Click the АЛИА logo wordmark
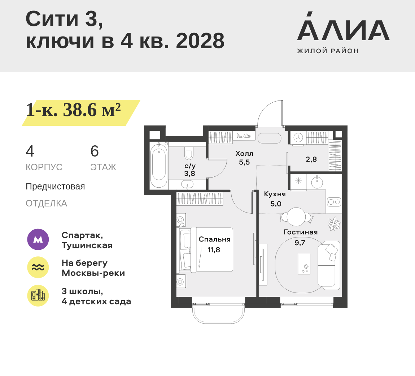[343, 30]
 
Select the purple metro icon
[38, 239]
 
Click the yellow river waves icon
[38, 267]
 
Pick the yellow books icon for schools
[38, 295]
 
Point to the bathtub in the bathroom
[159, 164]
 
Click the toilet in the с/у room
[189, 153]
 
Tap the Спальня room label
[214, 239]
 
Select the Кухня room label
[275, 194]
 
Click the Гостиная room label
[301, 232]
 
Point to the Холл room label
[244, 153]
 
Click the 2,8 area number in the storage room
[311, 159]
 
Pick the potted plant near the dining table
[335, 223]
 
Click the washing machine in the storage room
[298, 138]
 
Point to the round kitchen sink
[317, 182]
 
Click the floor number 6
[95, 151]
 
